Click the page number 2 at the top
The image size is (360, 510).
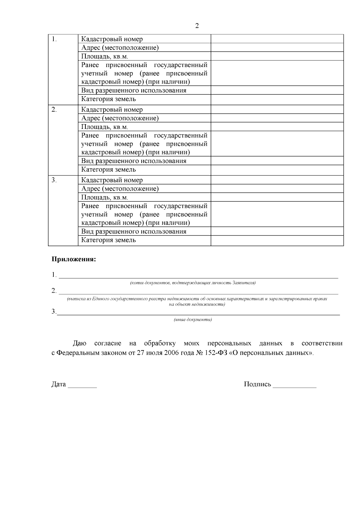point(197,26)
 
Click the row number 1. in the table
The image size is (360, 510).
point(54,39)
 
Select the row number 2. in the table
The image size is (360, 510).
point(54,110)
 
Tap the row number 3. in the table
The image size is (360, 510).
point(54,180)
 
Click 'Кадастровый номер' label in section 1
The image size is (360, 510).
point(112,39)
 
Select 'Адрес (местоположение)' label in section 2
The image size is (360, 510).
point(120,118)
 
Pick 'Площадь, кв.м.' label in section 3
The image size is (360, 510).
point(104,197)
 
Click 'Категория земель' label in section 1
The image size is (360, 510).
point(108,99)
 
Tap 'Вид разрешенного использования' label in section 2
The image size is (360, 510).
point(133,161)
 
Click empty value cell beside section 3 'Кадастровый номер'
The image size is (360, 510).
point(277,180)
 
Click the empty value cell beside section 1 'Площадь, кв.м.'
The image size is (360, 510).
point(277,56)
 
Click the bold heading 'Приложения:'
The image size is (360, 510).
point(74,259)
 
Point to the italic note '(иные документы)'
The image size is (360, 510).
point(193,320)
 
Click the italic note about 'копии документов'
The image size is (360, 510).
point(193,283)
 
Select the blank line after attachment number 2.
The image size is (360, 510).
point(198,292)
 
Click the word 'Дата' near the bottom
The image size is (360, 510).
point(58,384)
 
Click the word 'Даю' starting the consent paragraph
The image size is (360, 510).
point(79,344)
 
